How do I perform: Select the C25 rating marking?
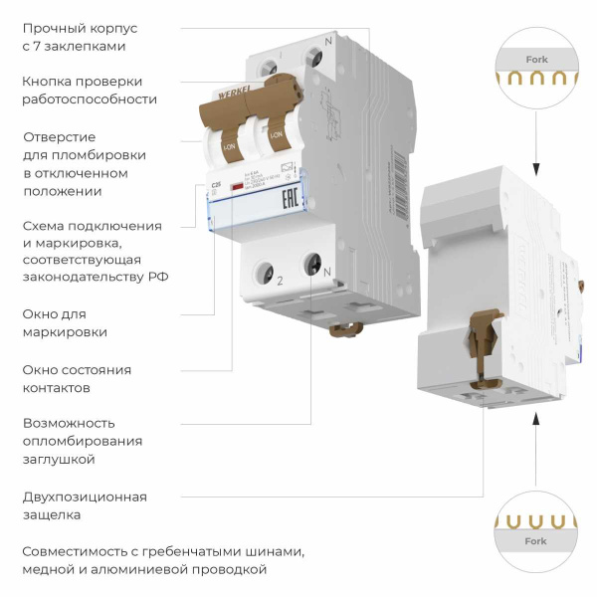click(x=214, y=185)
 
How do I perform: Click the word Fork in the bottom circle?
click(x=535, y=541)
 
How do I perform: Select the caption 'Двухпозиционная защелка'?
click(x=84, y=505)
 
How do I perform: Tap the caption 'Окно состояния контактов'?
click(x=77, y=378)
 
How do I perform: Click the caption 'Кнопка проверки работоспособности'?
click(x=90, y=90)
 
